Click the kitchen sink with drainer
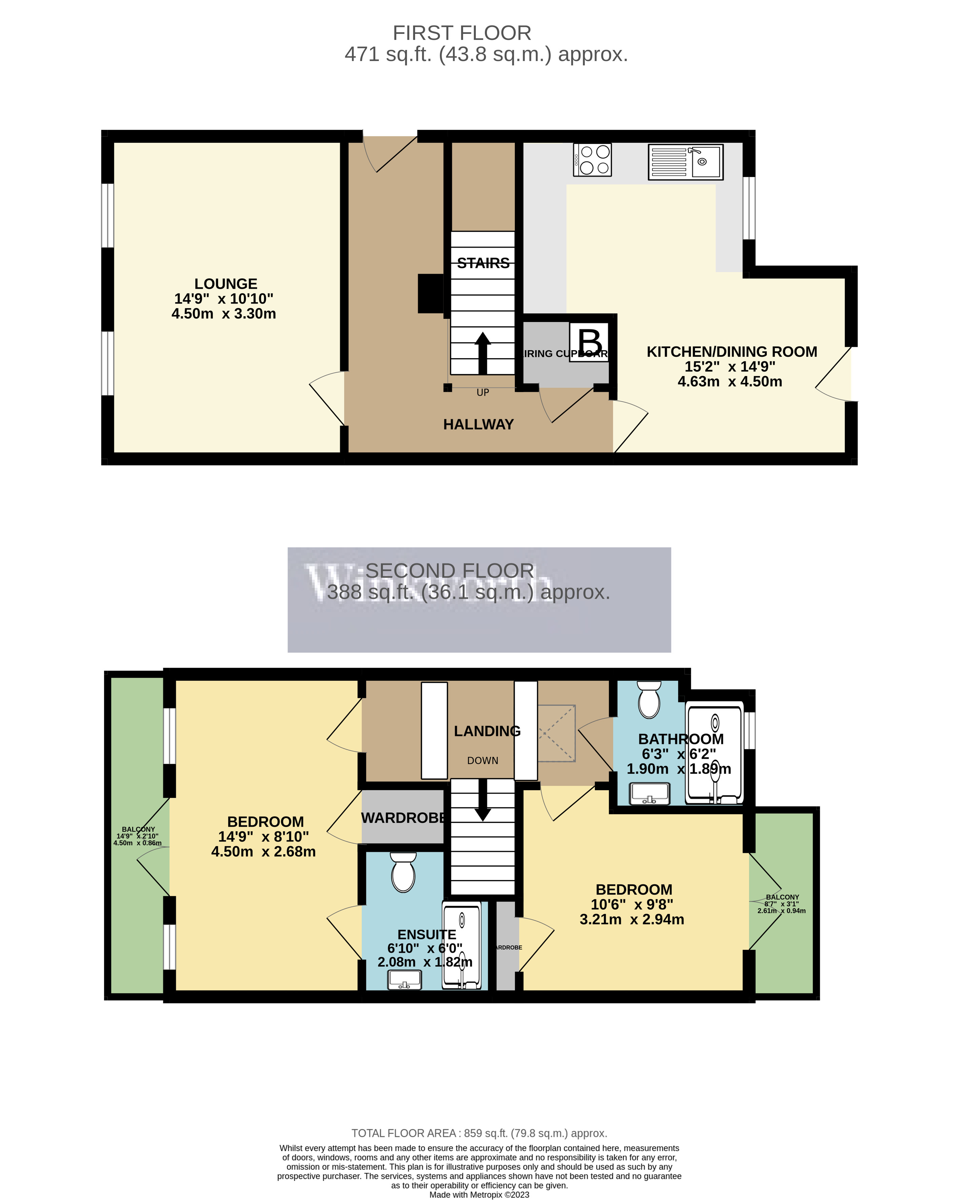pyautogui.click(x=686, y=162)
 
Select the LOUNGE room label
pyautogui.click(x=225, y=284)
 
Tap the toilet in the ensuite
pyautogui.click(x=403, y=873)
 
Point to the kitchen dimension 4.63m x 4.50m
pyautogui.click(x=729, y=382)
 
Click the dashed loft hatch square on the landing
pyautogui.click(x=556, y=733)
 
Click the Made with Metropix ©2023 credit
pyautogui.click(x=479, y=1194)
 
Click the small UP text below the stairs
pyautogui.click(x=482, y=392)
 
